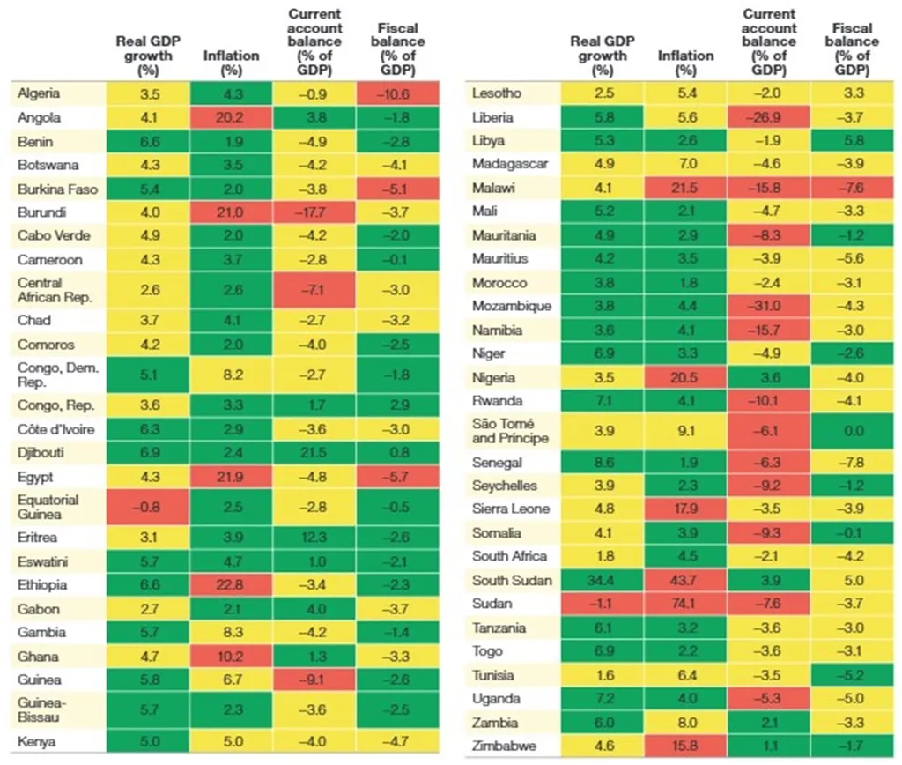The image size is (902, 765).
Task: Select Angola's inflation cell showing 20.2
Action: point(232,116)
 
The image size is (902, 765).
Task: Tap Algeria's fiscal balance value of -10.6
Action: point(398,93)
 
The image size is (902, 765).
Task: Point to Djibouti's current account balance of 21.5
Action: point(314,452)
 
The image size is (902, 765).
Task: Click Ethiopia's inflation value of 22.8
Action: point(232,585)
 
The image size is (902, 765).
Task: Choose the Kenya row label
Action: point(38,742)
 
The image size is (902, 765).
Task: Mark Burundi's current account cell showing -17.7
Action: point(314,212)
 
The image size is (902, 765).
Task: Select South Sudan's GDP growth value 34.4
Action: point(603,579)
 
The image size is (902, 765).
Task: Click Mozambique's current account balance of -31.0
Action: point(767,306)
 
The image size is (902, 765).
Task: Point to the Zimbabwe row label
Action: point(503,746)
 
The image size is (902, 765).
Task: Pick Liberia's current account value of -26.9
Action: point(767,117)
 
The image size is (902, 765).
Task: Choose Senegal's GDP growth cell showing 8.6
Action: point(603,462)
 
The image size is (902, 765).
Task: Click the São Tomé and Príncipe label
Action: point(510,431)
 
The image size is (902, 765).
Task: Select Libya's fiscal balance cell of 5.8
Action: point(852,141)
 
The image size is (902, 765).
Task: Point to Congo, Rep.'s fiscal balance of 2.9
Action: point(398,406)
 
